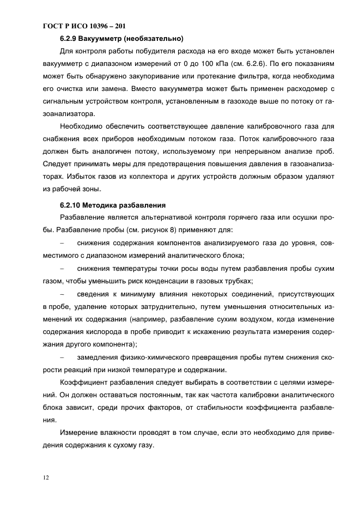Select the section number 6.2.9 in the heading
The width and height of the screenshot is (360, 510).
69,39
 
